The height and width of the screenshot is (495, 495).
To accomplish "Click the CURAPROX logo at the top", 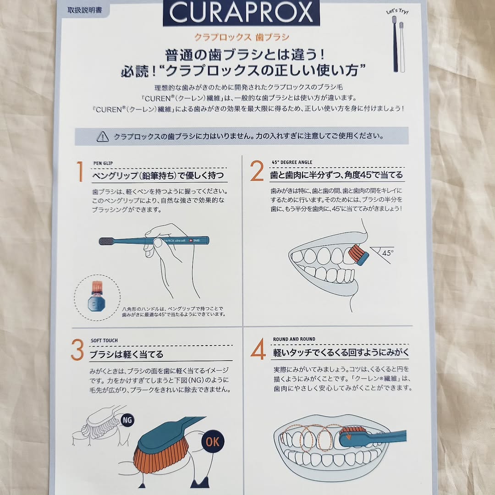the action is (x=241, y=13).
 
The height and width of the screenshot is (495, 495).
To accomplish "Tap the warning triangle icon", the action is (x=103, y=137).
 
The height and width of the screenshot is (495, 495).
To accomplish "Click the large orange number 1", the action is (x=80, y=171).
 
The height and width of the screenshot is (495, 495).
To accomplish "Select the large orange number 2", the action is (x=257, y=171).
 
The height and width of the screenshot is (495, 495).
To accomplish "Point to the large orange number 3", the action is (x=77, y=350).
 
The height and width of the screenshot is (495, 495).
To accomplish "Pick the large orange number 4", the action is (x=258, y=349).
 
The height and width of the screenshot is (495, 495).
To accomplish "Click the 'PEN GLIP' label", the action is (x=103, y=163).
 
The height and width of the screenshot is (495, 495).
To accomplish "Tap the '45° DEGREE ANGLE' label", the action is (x=291, y=162).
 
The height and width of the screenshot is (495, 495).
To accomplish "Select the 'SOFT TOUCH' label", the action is (x=104, y=340).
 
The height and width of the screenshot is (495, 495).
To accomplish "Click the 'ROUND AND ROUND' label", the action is (x=294, y=339).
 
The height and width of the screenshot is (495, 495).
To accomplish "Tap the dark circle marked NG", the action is (x=127, y=420).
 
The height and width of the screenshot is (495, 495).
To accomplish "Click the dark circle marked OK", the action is (x=213, y=442).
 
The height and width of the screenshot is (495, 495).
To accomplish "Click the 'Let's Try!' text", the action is (x=397, y=11).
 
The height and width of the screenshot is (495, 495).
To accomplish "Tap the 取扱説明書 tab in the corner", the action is (x=85, y=11).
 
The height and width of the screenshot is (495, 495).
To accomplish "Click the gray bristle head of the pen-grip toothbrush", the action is (x=106, y=242).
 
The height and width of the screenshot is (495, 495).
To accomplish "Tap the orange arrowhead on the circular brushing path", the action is (x=348, y=437).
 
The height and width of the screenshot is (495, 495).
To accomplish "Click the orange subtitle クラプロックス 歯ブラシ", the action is (x=242, y=37).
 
